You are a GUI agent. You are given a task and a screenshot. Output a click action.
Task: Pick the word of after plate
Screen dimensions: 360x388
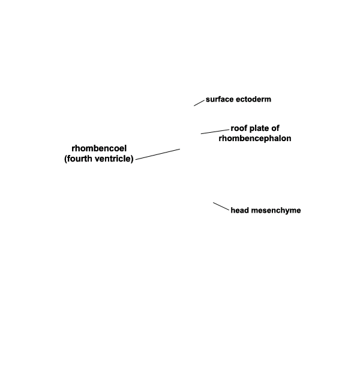pos(275,129)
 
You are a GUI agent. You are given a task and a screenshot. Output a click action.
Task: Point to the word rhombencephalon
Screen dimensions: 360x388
pos(255,138)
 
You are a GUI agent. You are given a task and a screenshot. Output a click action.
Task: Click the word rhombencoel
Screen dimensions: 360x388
pos(99,148)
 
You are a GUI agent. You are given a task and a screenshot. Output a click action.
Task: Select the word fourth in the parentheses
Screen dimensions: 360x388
pos(79,159)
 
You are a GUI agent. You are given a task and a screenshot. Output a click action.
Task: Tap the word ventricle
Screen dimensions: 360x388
pos(112,159)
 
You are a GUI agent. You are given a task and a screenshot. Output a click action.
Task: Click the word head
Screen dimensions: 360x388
pos(239,210)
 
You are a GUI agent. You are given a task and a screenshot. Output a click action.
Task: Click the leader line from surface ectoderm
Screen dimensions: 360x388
pos(199,103)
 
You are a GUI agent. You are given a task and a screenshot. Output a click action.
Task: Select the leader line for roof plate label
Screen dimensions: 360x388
pos(215,132)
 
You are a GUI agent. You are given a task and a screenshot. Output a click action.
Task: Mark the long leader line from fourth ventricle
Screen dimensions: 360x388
pos(158,154)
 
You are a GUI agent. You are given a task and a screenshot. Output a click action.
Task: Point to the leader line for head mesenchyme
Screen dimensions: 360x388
pos(221,207)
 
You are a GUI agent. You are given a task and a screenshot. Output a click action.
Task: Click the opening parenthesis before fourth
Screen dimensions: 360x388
pos(66,159)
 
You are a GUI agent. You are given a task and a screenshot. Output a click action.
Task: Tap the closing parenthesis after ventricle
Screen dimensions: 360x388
pos(132,159)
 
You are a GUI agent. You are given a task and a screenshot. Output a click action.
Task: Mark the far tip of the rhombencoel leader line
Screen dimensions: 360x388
pos(180,149)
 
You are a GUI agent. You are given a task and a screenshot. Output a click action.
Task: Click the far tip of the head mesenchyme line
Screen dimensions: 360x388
pos(214,202)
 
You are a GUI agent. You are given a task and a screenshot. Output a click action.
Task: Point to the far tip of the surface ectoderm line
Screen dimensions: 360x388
pos(194,106)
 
